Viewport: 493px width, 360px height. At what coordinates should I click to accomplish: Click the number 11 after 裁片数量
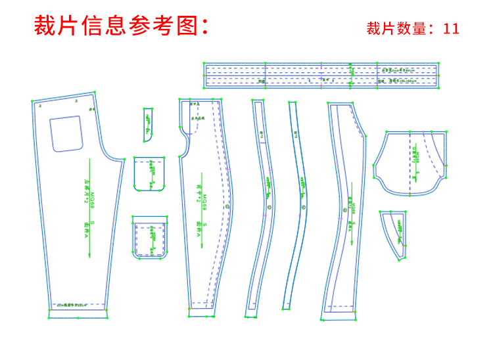coord(451,29)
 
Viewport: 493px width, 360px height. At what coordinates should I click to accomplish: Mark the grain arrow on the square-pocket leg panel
coord(89,210)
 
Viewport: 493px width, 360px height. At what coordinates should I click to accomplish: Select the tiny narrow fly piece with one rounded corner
coord(148,124)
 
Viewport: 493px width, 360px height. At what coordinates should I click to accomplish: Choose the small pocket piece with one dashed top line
coord(149,173)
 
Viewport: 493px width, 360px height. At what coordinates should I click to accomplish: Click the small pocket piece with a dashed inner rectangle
coord(149,236)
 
